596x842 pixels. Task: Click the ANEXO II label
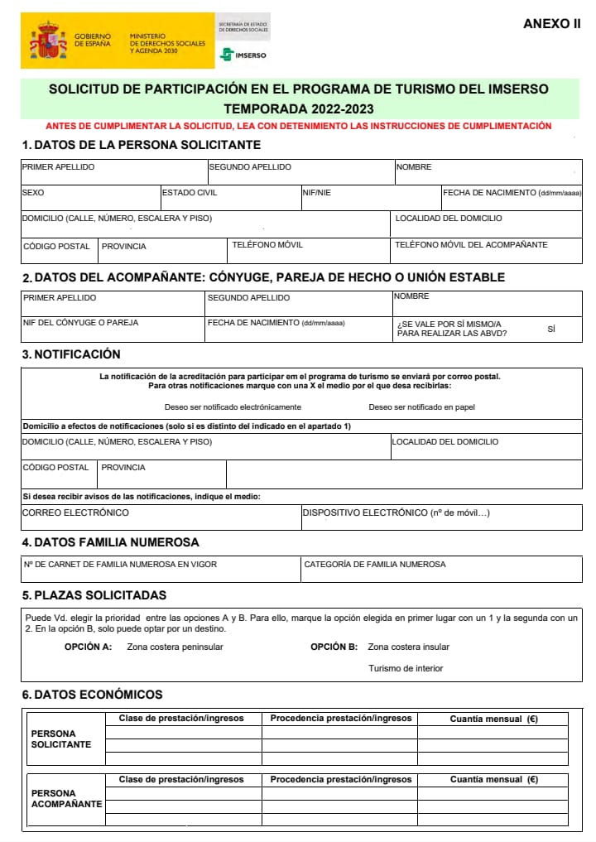[551, 24]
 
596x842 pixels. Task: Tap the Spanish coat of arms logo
[48, 41]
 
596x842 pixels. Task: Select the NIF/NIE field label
[317, 193]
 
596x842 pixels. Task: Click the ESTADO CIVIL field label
[190, 193]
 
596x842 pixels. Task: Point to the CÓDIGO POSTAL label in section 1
[56, 246]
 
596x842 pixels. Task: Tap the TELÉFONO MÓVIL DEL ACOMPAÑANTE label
[471, 245]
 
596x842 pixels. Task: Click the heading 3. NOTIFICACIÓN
[71, 354]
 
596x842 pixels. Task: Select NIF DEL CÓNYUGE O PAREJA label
[80, 322]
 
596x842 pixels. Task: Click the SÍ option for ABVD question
[551, 329]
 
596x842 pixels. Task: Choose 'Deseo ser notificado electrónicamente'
[233, 407]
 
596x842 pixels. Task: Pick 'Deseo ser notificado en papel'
[421, 407]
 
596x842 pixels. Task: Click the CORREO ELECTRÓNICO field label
[75, 512]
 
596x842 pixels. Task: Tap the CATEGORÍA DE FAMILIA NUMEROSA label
[374, 565]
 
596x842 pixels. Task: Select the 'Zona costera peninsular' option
[175, 647]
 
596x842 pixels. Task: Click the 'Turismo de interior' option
[406, 668]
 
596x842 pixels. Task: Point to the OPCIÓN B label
[334, 647]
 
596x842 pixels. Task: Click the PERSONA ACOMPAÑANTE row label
[65, 798]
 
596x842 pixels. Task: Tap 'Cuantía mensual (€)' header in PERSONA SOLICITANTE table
[493, 719]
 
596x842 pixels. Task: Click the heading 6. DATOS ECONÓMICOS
[92, 695]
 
